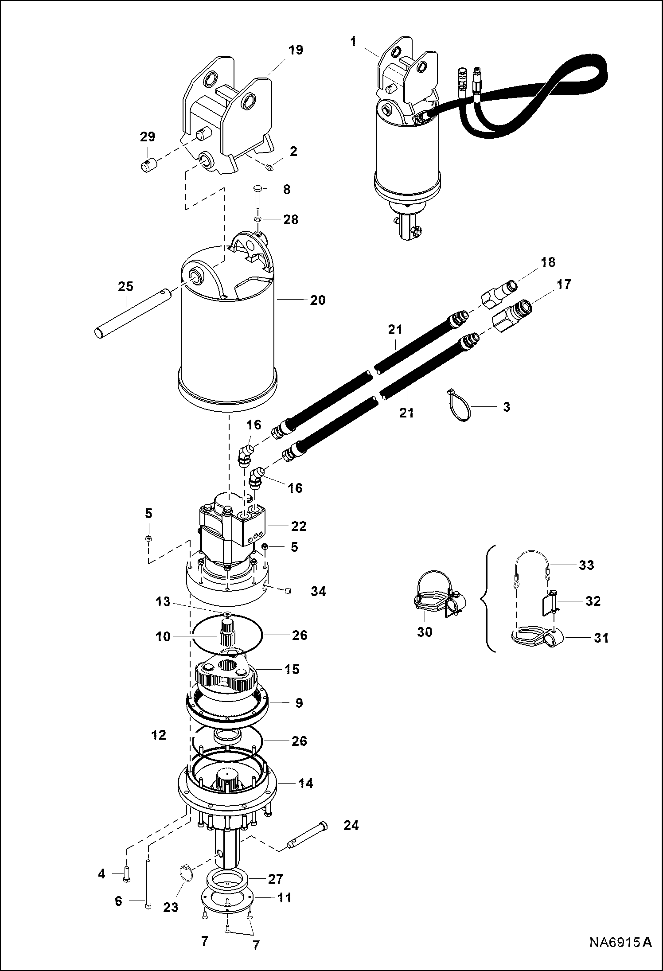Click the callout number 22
pos(299,526)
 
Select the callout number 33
pos(586,565)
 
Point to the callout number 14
pos(305,783)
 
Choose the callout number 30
pos(425,632)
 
